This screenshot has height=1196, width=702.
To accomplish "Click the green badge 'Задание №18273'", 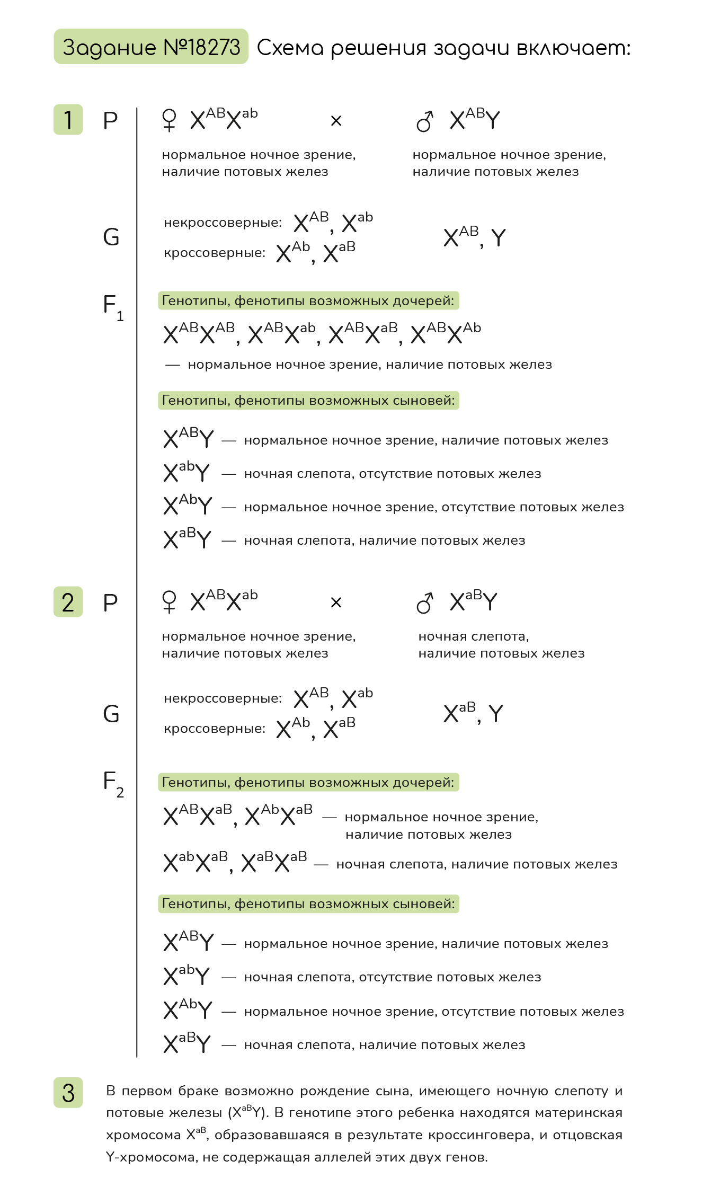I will [x=151, y=47].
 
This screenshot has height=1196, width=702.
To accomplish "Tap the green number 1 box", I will [x=68, y=120].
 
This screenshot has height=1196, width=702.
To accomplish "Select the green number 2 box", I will [x=68, y=602].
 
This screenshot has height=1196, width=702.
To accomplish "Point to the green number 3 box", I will [x=68, y=1093].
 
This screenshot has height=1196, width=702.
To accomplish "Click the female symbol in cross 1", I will [x=169, y=120].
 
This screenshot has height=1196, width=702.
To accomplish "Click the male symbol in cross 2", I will [x=425, y=603].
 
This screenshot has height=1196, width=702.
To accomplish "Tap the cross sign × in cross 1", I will [x=336, y=121].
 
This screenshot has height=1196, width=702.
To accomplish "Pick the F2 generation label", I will [x=113, y=784].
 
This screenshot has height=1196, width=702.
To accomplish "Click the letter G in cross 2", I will [x=111, y=714].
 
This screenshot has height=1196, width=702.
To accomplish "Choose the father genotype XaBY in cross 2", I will [x=474, y=601].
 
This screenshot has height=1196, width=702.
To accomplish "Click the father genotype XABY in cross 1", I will [x=475, y=119].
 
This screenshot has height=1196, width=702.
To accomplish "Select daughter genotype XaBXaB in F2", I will [x=274, y=862].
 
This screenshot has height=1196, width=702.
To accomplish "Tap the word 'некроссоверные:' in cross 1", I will [x=223, y=223].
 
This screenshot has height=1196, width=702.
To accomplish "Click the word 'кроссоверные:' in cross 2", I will [x=215, y=729].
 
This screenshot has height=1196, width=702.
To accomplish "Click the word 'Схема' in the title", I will [x=290, y=48].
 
